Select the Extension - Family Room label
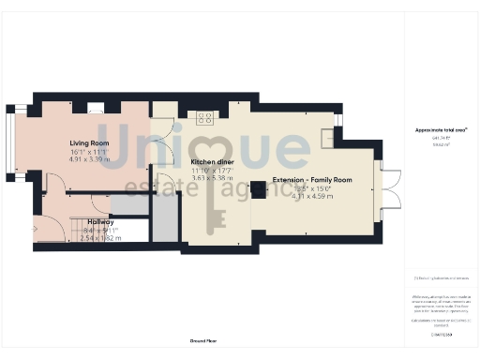pyautogui.click(x=311, y=179)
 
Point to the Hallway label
pyautogui.click(x=100, y=221)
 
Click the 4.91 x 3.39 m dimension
pyautogui.click(x=89, y=159)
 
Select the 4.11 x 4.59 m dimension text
pyautogui.click(x=312, y=196)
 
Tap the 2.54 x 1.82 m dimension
pyautogui.click(x=100, y=238)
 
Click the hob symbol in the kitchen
pyautogui.click(x=203, y=117)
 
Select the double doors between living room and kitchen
pyautogui.click(x=163, y=142)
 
